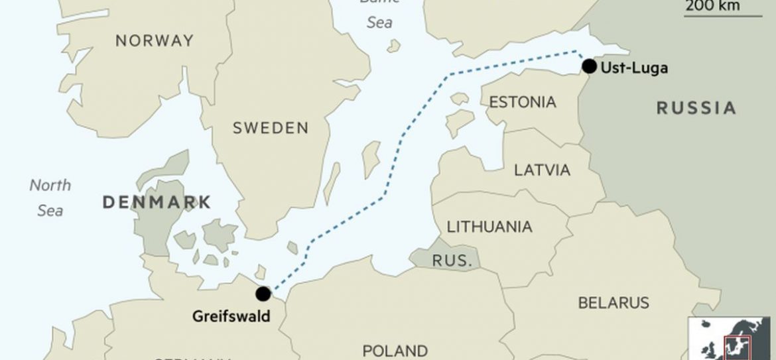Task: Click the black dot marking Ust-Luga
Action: tap(589, 66)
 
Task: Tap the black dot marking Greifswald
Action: tap(263, 294)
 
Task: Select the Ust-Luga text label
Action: tap(633, 67)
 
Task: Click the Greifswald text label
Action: tap(231, 316)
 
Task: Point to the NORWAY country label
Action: tap(155, 40)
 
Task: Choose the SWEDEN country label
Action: tap(271, 128)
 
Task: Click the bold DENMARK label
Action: tap(157, 202)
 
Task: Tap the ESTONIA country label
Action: tap(522, 102)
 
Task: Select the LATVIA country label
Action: tap(542, 170)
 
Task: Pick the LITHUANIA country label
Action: tap(489, 227)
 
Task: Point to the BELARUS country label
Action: tap(614, 303)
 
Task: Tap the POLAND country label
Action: tap(395, 349)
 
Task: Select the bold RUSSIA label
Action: tap(696, 108)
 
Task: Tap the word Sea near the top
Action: tap(379, 23)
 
